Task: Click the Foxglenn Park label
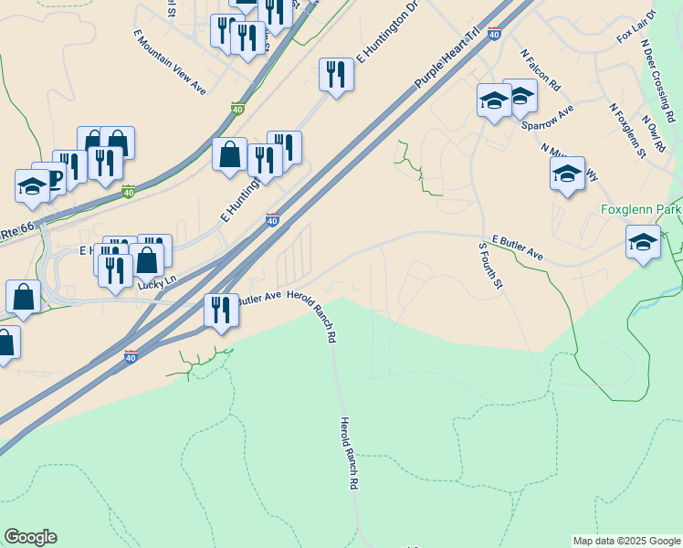point(641,210)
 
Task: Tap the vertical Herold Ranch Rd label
point(347,454)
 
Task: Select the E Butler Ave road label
point(518,248)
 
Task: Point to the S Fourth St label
point(491,267)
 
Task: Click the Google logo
point(30,537)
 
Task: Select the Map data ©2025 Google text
point(626,541)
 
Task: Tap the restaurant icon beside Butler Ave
point(220,311)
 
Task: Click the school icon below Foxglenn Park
point(644,243)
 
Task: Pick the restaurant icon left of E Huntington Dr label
point(336,75)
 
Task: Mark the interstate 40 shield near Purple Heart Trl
point(494,34)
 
